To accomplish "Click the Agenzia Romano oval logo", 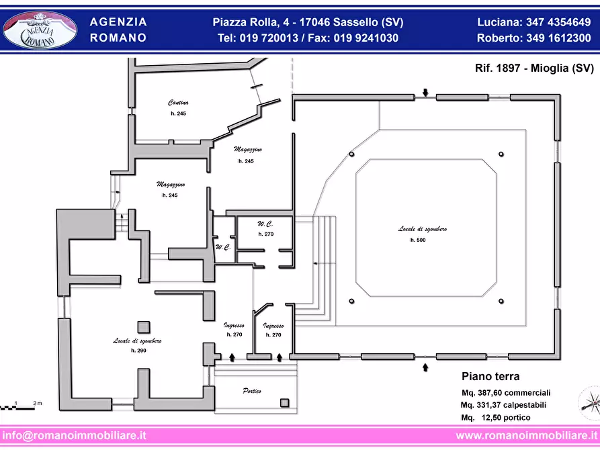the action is tap(40, 30).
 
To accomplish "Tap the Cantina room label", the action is tap(178, 103).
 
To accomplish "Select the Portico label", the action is tap(252, 391).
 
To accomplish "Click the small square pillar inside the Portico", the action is tap(284, 402).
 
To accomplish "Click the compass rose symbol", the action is tap(589, 403).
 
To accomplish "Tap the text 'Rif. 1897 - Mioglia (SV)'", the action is tap(534, 68).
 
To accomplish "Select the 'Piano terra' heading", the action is tap(490, 376).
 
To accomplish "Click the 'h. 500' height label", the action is tap(418, 240).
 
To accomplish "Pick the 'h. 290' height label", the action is tap(138, 351).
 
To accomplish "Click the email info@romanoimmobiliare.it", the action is tap(74, 435).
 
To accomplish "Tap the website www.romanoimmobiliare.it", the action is tap(527, 435).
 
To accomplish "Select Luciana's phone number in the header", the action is tap(558, 22).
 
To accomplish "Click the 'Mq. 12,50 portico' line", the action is tap(496, 418).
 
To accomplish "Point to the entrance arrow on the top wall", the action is tap(425, 92).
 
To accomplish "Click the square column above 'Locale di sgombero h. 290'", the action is tap(144, 327).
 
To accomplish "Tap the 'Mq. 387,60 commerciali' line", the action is tap(506, 393).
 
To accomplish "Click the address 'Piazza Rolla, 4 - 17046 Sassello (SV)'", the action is tap(308, 22).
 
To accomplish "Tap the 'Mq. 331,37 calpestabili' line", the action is tap(503, 405).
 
